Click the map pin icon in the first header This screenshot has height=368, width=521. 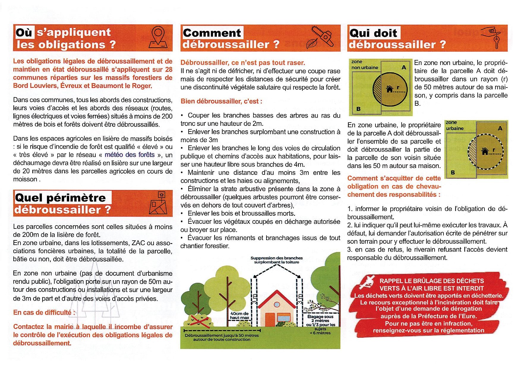point(160,38)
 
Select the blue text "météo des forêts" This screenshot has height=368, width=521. point(130,155)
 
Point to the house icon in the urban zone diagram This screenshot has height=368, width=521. point(485,151)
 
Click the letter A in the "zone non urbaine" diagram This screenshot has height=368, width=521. point(404,68)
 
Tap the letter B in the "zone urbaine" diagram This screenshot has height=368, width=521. point(453,172)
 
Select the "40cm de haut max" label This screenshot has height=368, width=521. point(239,315)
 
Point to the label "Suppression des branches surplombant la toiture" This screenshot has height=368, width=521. point(277,260)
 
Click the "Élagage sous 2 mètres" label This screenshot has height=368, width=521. point(321,319)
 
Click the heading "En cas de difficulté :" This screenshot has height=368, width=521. point(44,313)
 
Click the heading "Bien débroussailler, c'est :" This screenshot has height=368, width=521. point(221,101)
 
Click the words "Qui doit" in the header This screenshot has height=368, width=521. point(374,33)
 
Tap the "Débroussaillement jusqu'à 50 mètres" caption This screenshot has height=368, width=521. point(222,337)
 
